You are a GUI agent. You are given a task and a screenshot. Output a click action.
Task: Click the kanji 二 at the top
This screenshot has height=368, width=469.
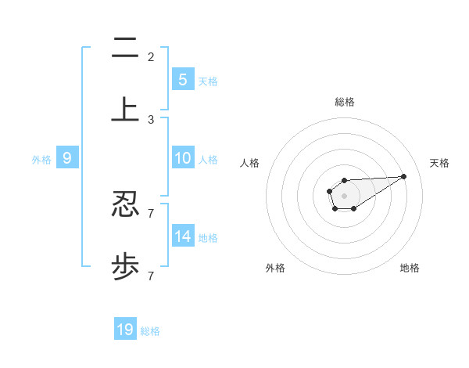coord(125,49)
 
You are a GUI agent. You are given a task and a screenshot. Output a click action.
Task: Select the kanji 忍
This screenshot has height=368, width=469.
coord(125,205)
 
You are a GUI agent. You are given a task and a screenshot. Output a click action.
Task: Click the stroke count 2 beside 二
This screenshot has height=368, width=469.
coord(151,56)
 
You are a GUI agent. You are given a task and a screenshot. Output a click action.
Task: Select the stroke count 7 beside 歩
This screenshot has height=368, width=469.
coord(151,276)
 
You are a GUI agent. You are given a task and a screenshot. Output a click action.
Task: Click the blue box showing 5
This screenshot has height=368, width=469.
coord(182,79)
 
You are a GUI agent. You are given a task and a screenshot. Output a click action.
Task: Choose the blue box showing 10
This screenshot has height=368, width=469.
coord(182,158)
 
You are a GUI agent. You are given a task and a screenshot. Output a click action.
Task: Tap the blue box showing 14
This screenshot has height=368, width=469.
coord(182,236)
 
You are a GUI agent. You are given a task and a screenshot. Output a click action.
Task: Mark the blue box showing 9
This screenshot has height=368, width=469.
coord(67,158)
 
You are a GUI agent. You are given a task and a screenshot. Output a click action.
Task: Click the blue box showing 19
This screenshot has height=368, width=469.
coord(125,330)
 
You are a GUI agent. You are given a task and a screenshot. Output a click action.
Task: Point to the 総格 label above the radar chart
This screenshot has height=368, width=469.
coord(345,102)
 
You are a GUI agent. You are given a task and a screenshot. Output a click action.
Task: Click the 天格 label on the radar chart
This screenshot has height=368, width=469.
coord(439,163)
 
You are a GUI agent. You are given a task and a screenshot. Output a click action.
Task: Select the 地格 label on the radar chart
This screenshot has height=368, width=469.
coord(410,268)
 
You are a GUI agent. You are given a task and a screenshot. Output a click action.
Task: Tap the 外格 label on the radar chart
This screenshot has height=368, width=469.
coord(275,268)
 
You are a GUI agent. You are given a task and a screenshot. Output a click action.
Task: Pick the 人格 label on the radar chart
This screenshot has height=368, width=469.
coord(250,163)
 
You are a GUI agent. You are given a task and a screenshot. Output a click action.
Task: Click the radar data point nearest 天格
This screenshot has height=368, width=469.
coord(404,176)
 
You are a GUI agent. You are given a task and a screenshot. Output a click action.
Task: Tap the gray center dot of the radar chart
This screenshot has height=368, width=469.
coord(344,195)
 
